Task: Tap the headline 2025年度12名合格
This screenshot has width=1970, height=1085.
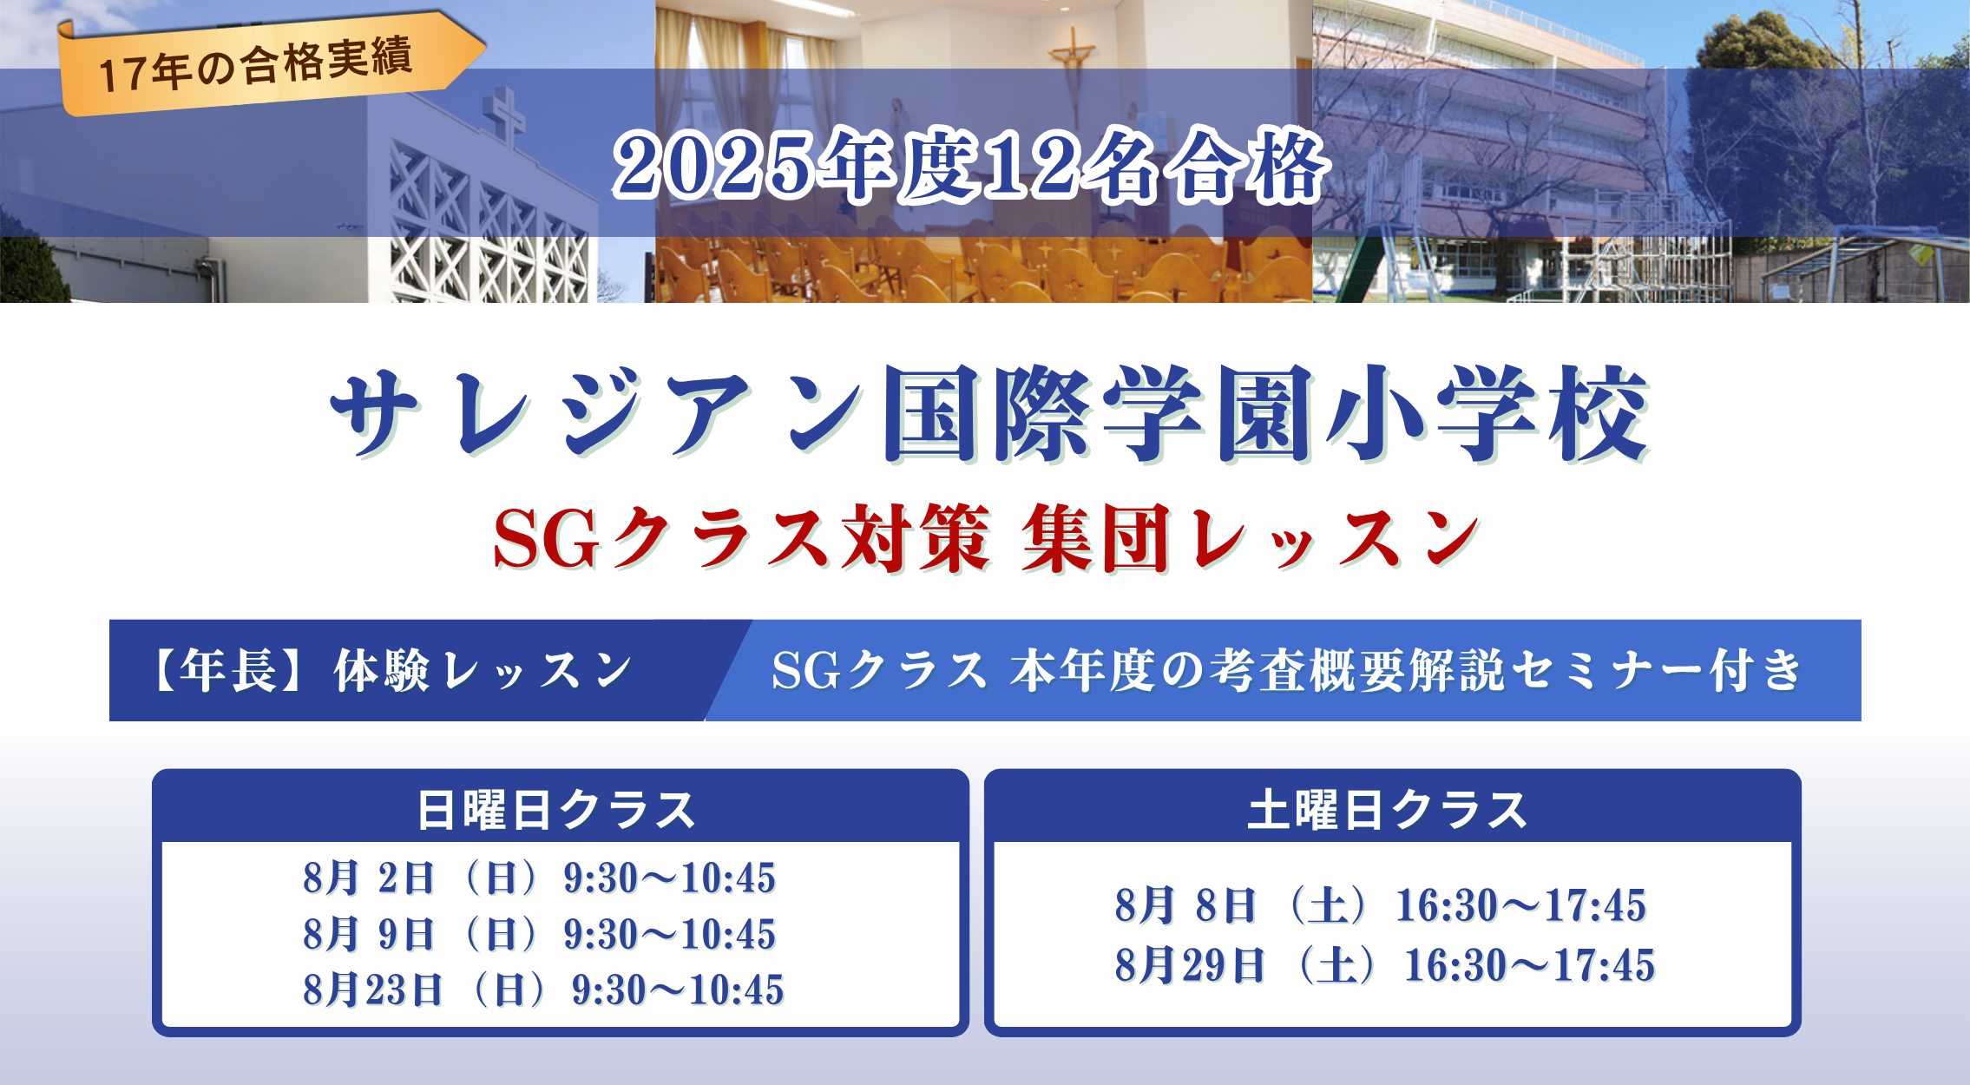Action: pos(971,167)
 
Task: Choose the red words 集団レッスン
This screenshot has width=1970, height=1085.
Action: pos(1251,538)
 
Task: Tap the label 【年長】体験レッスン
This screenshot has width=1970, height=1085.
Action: pos(391,670)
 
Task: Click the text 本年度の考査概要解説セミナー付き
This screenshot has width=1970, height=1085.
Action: pos(1406,671)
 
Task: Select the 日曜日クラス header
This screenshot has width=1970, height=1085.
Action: pos(557,810)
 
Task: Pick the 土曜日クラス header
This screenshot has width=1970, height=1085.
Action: pos(1388,810)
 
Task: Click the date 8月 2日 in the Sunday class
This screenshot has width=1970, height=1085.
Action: pos(369,878)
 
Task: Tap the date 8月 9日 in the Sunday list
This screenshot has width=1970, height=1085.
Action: pos(369,934)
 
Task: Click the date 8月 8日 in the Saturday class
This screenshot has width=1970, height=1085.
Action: pos(1185,905)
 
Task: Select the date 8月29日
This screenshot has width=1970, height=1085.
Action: pos(1190,965)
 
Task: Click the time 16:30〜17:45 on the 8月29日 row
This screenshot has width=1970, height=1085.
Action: pos(1530,965)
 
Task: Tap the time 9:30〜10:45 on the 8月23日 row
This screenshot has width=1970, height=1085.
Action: pos(678,990)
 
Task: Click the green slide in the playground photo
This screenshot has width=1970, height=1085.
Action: pos(1362,260)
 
